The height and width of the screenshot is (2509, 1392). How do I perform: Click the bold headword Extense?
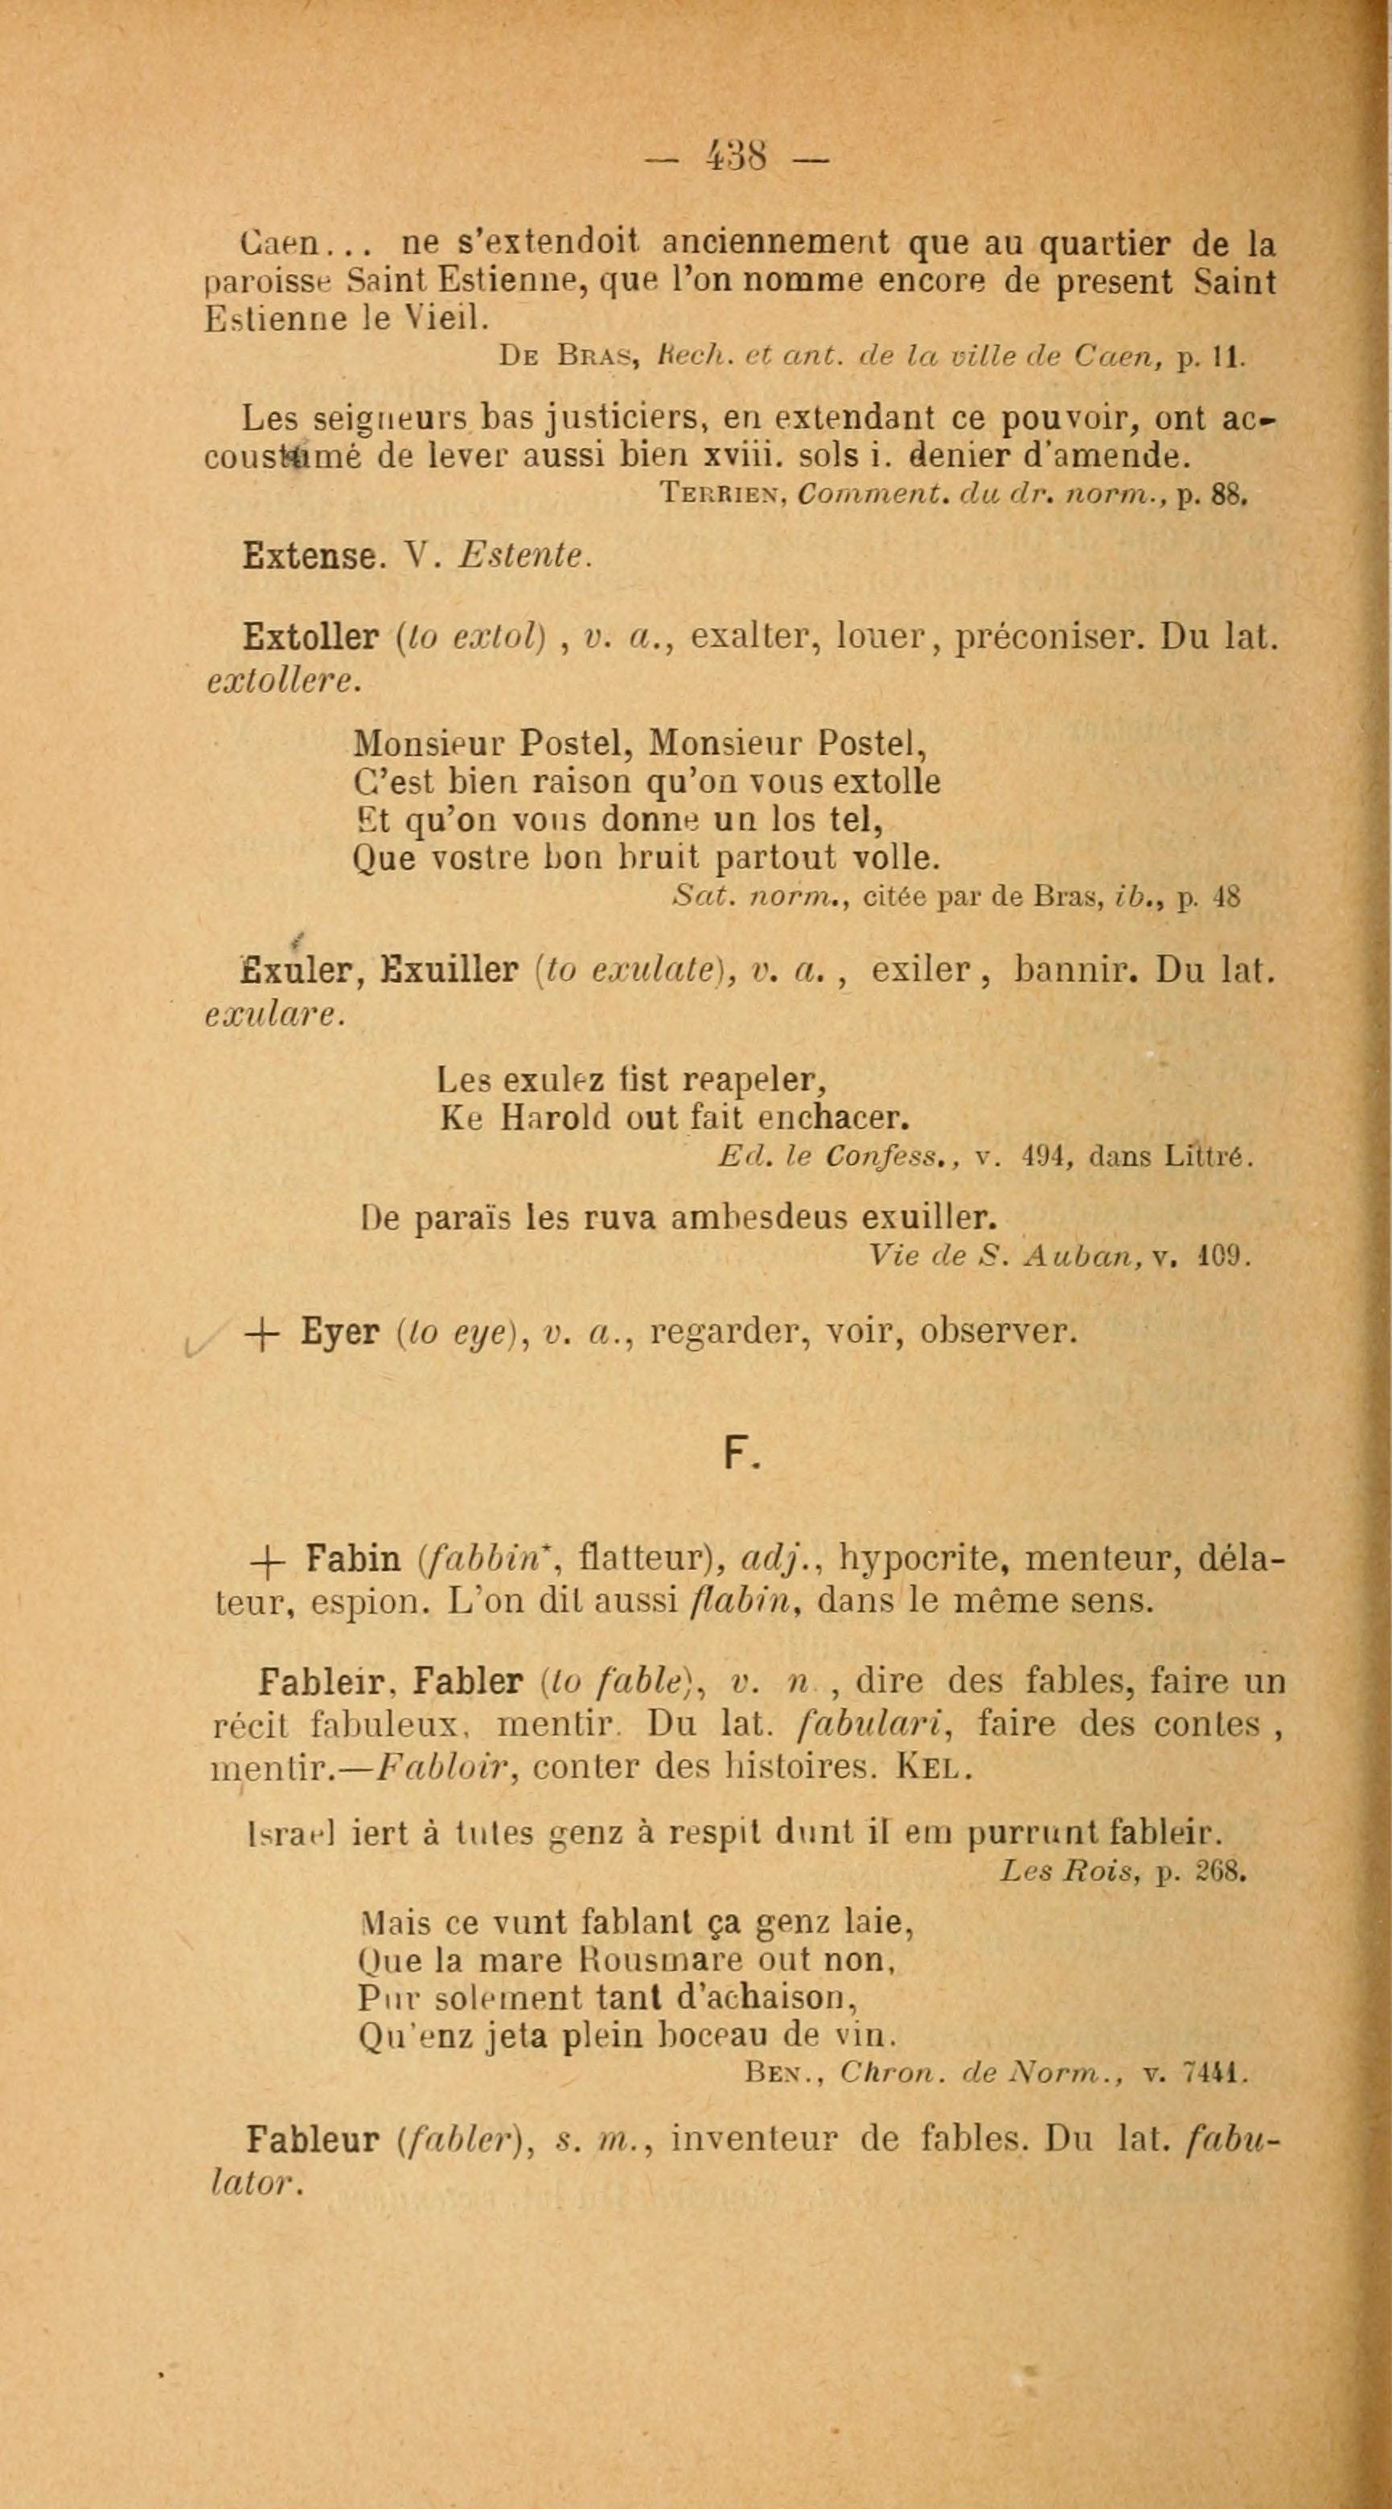point(310,556)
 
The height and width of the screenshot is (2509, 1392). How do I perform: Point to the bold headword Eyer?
point(339,1331)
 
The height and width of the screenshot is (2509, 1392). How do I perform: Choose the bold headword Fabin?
point(353,1560)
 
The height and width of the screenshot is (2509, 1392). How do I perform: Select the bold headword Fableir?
point(326,1682)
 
